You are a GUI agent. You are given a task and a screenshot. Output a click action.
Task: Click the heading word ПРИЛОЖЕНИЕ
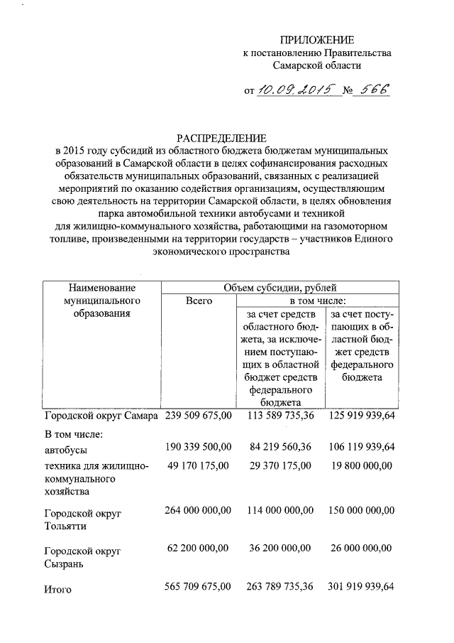[x=317, y=39]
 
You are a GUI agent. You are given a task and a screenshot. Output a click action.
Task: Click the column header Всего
[x=199, y=301]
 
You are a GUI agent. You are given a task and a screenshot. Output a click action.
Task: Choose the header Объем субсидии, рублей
[x=279, y=288]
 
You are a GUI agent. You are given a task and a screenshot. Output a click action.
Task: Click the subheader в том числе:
[x=316, y=301]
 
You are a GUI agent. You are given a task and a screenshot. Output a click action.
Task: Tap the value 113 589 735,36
[x=279, y=416]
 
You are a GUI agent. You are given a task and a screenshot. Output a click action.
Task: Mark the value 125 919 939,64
[x=362, y=416]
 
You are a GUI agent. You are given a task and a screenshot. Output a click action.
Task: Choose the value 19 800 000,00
[x=362, y=466]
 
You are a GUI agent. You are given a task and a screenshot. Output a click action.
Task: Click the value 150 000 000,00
[x=362, y=510]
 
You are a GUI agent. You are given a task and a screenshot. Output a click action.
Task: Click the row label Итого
[x=58, y=589]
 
